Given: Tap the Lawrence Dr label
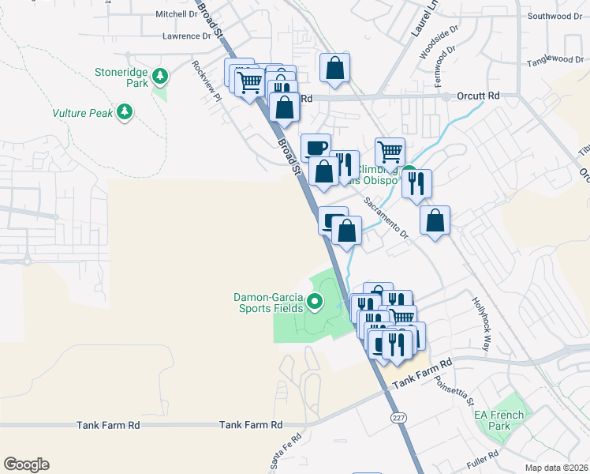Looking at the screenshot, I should click(187, 36).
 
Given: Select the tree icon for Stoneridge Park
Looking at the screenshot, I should click(161, 77).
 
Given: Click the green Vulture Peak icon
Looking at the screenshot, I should click(124, 112).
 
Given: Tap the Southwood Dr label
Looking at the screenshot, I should click(555, 16).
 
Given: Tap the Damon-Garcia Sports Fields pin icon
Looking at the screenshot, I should click(315, 301).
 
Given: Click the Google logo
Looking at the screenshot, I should click(26, 465).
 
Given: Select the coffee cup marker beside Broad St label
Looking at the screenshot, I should click(316, 147).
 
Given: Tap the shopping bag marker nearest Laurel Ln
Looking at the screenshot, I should click(334, 68).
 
